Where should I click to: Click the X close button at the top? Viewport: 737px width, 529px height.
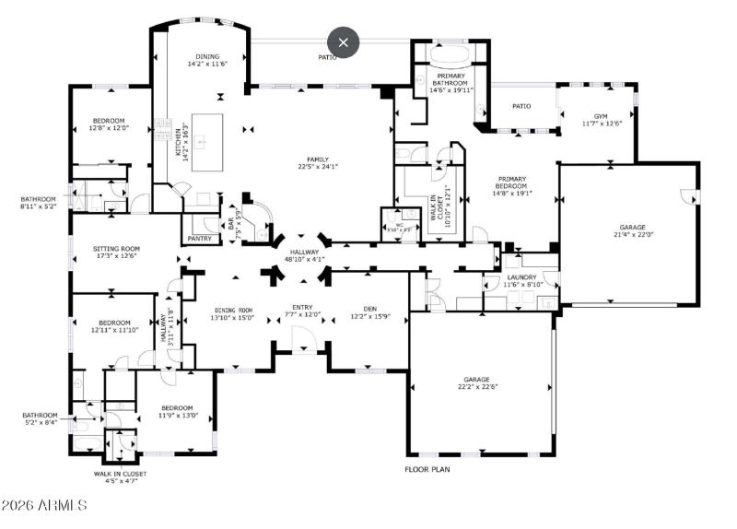pos(344,41)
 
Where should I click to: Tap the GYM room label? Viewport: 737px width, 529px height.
pos(601,119)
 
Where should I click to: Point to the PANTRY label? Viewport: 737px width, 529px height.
pos(200,239)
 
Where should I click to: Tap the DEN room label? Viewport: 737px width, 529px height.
pos(369,312)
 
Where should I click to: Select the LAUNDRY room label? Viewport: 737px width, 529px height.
pos(521,280)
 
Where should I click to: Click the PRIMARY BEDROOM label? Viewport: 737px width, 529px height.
pos(512,186)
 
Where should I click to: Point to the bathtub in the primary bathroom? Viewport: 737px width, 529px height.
pos(450,53)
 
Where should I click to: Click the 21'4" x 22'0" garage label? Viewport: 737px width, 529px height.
pos(631,230)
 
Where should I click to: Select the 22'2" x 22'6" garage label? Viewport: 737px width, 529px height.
pos(476,382)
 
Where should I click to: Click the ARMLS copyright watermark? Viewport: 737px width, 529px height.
pos(44,505)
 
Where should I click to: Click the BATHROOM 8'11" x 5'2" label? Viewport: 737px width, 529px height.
pos(39,203)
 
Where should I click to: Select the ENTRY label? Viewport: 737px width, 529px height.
pos(303,312)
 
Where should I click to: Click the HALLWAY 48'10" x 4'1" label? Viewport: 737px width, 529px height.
pos(304,255)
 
